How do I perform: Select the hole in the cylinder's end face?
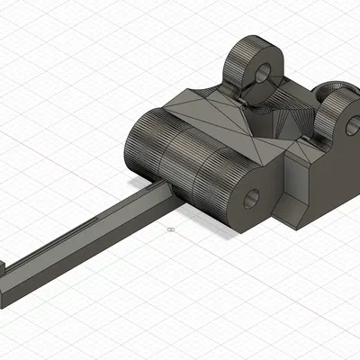[x=250, y=198]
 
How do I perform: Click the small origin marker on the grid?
[x=168, y=231]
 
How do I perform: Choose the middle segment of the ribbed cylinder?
[x=180, y=171]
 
